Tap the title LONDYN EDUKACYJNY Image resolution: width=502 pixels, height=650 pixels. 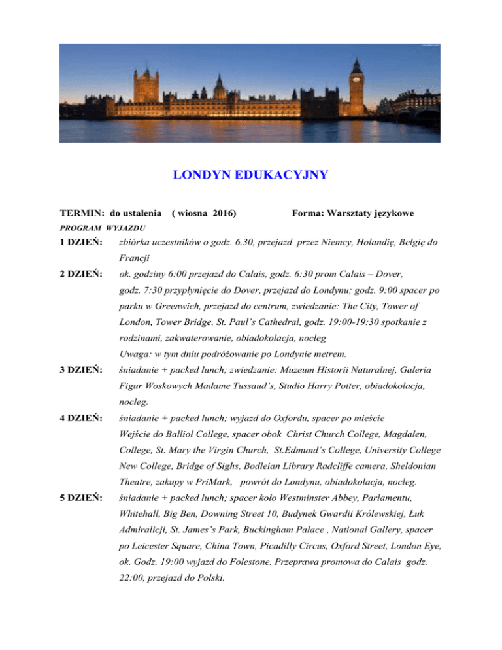[x=250, y=175]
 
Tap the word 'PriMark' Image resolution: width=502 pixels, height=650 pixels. [x=218, y=481]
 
